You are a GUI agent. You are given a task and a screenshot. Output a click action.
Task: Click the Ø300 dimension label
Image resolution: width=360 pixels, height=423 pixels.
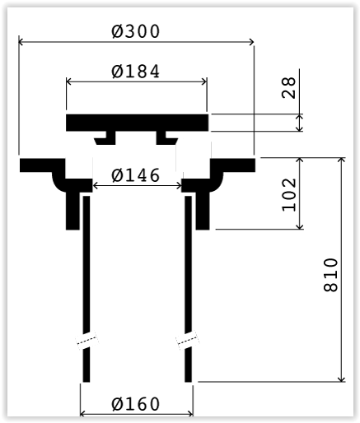pyautogui.click(x=135, y=31)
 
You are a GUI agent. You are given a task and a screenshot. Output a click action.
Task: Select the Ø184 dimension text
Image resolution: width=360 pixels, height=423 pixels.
pyautogui.click(x=135, y=71)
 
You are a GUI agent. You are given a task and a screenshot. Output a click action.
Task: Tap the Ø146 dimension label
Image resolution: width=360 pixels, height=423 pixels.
pyautogui.click(x=135, y=175)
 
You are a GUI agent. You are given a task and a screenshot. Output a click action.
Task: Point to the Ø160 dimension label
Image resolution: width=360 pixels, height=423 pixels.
pyautogui.click(x=135, y=404)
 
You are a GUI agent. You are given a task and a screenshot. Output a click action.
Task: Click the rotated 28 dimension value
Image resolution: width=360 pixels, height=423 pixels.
pyautogui.click(x=289, y=87)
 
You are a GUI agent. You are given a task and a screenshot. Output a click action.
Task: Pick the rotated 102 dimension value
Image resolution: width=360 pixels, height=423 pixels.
pyautogui.click(x=289, y=195)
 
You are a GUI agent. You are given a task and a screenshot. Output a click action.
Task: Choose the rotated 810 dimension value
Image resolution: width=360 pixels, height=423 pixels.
pyautogui.click(x=330, y=275)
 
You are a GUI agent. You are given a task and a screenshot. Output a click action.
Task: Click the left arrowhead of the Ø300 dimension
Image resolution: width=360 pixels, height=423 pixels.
pyautogui.click(x=21, y=42)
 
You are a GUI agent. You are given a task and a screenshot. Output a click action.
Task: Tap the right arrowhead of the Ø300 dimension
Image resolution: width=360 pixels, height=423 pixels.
pyautogui.click(x=251, y=42)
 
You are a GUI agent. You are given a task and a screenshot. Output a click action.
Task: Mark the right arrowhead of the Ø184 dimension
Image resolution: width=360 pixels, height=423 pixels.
pyautogui.click(x=204, y=81)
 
